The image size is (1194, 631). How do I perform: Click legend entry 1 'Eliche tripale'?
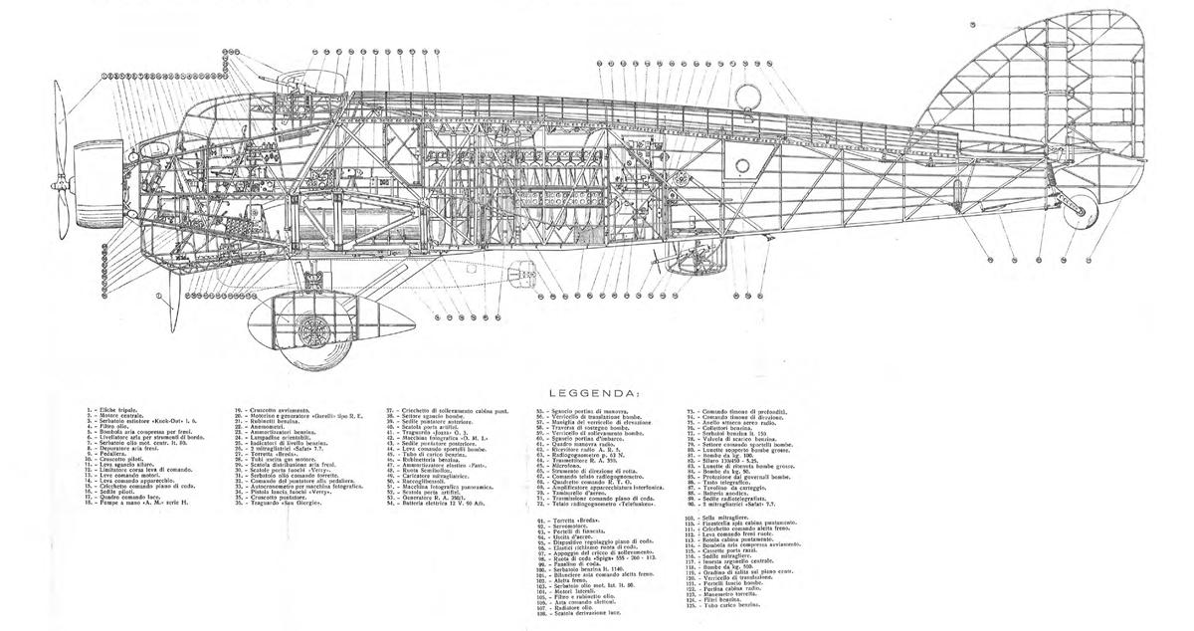click(x=109, y=410)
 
